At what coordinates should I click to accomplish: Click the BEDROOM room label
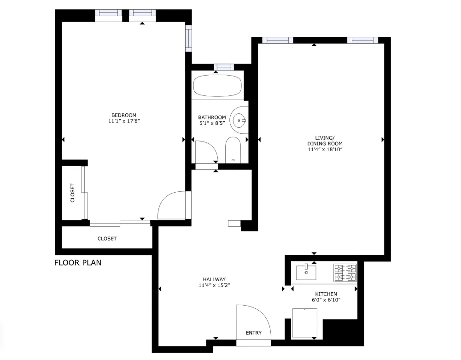pos(124,115)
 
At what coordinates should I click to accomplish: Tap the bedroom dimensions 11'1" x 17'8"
pos(124,122)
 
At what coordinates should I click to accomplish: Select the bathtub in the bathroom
pos(217,85)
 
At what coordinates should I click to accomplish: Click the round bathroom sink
pos(239,121)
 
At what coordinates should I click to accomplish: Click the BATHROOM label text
pos(212,117)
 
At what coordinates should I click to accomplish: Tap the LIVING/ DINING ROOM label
pos(325,141)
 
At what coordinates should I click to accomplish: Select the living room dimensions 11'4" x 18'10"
pos(325,149)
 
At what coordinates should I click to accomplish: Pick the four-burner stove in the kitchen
pos(345,272)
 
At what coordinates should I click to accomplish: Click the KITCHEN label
pos(326,294)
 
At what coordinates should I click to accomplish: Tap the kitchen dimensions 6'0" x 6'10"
pos(326,301)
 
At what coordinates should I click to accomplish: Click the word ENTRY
pos(254,333)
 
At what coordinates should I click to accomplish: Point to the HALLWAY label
pos(214,279)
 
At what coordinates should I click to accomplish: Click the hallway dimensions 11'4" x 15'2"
pos(214,286)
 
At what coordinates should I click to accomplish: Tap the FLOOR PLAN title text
pos(77,263)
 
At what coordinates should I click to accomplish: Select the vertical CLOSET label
pos(73,193)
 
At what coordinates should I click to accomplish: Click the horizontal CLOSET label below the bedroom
pos(107,238)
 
